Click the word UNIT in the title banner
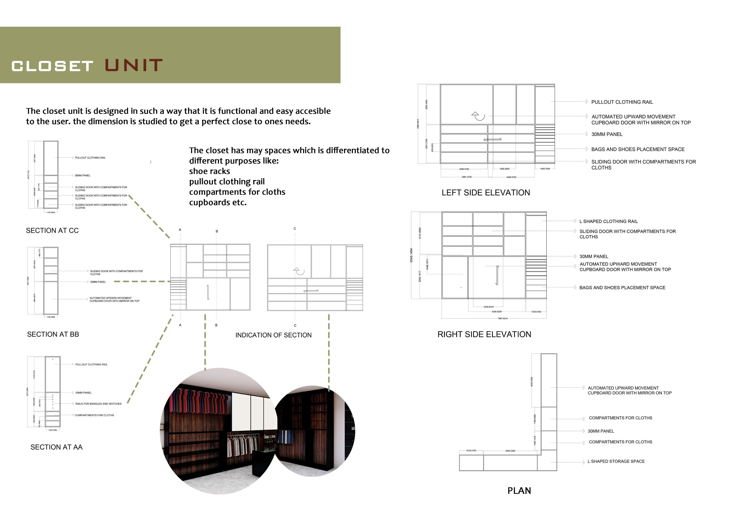133,66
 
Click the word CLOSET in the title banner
52,66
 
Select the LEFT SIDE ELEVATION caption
486,193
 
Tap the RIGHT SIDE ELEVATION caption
484,334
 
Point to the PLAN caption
519,491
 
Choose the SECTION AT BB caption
53,334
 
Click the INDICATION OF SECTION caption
273,335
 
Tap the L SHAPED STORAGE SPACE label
616,461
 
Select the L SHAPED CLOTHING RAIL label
608,221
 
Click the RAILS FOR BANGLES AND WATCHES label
98,404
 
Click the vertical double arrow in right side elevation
497,275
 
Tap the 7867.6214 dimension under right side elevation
503,318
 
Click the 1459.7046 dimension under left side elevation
545,169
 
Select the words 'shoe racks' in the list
209,171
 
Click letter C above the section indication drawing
295,229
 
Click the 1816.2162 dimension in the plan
471,451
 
